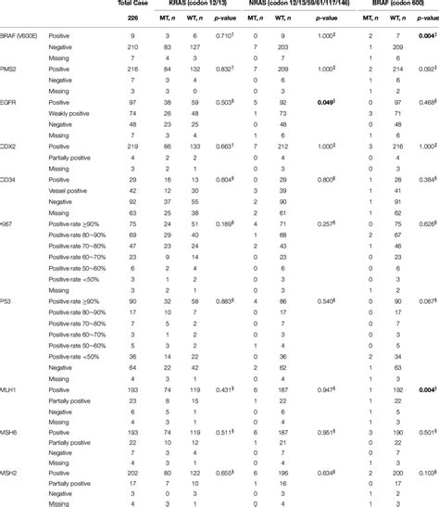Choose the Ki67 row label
pyautogui.click(x=9, y=223)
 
